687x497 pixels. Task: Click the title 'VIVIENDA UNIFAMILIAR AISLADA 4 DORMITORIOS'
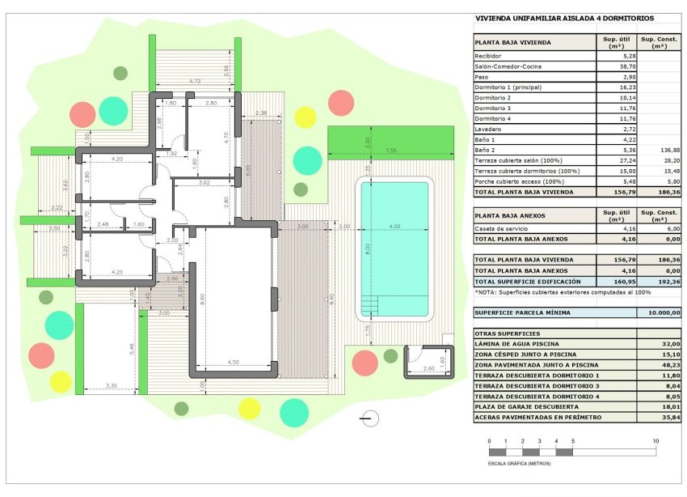click(x=564, y=18)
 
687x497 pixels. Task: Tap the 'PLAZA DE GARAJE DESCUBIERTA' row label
click(x=526, y=407)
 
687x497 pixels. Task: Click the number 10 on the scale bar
click(x=655, y=441)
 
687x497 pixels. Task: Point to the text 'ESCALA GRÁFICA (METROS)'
click(x=519, y=465)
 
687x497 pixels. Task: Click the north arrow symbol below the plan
click(x=369, y=418)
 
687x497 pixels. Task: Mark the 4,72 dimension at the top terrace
click(x=195, y=82)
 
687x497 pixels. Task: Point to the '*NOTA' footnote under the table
click(x=563, y=291)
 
